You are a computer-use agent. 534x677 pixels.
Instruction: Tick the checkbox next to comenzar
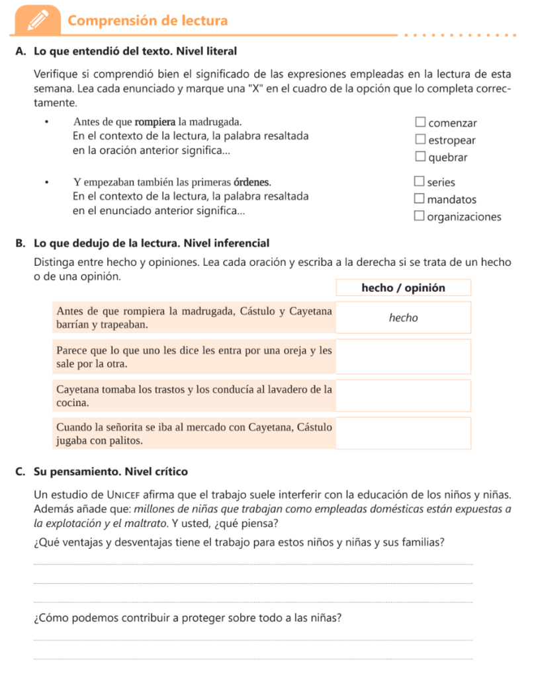point(420,122)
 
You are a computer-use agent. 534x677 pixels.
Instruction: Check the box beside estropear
point(420,139)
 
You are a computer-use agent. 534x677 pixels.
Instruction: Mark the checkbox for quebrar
point(420,157)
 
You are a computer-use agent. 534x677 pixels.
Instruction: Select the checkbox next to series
point(419,181)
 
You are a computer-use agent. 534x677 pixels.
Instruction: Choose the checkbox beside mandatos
point(419,198)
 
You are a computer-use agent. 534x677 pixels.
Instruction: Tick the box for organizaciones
point(419,216)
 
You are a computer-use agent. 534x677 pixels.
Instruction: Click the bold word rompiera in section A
point(156,122)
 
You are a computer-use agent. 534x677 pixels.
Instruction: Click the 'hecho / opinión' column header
point(403,288)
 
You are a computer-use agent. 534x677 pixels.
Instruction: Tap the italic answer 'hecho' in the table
point(403,318)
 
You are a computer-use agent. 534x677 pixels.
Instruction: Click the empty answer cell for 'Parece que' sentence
point(403,357)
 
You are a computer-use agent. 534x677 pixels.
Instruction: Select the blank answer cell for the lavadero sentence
point(403,395)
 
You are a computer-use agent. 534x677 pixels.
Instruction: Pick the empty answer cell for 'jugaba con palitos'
point(403,433)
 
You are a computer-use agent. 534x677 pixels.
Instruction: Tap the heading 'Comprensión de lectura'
point(148,21)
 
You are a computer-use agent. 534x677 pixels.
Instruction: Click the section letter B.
point(19,243)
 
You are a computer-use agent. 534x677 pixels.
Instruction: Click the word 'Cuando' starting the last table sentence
point(75,427)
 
